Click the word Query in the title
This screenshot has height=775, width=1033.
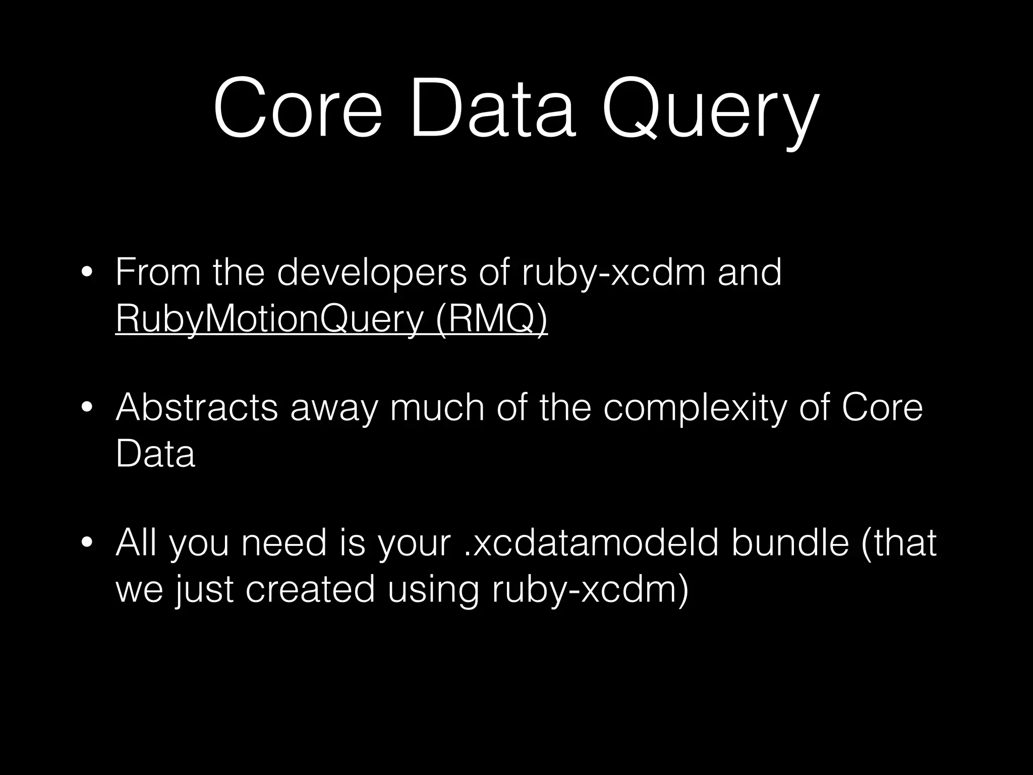(x=709, y=110)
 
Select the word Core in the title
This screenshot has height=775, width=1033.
(x=298, y=108)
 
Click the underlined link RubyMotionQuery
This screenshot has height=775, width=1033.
(x=269, y=319)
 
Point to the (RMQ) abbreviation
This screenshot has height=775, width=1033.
(x=491, y=319)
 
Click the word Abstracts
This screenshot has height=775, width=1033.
(x=197, y=408)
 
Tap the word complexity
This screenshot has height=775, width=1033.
(x=695, y=408)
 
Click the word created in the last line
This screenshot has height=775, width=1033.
(x=310, y=589)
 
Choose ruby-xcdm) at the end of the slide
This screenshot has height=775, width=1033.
(x=590, y=589)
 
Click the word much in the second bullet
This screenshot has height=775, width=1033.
(x=437, y=408)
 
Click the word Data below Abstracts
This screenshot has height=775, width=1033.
(x=155, y=454)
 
